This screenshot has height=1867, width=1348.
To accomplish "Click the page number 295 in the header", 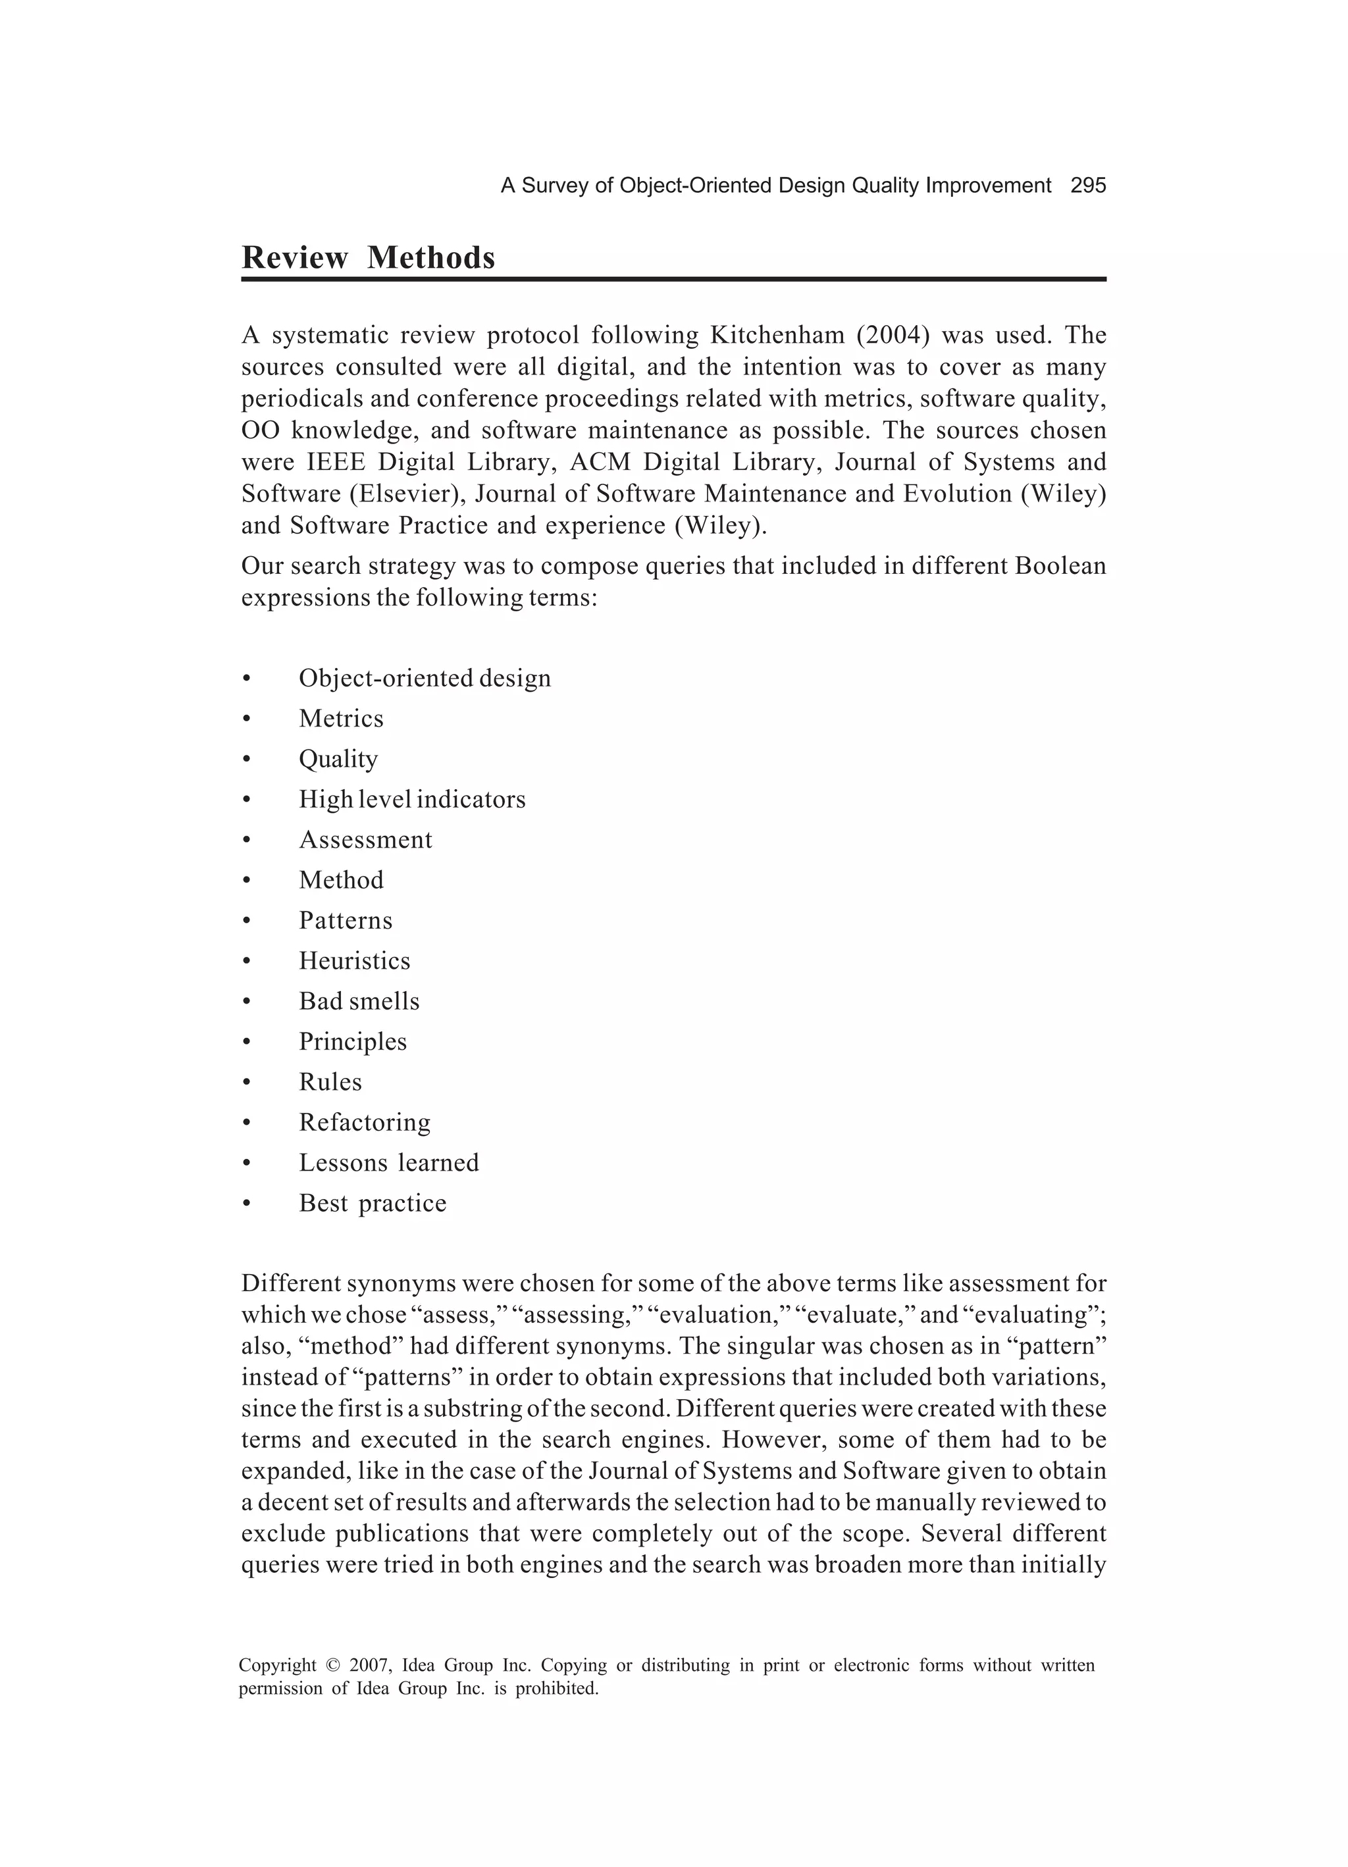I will point(1088,186).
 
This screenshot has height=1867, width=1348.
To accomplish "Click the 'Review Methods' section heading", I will point(368,258).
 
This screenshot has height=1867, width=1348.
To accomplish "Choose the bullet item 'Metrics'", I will point(341,718).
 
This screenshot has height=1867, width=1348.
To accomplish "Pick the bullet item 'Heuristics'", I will point(354,960).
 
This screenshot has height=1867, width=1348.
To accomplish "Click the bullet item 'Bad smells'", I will point(359,1000).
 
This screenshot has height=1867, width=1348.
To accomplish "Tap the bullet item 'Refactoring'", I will point(365,1121).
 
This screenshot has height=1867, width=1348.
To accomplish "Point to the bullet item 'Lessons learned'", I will point(389,1162).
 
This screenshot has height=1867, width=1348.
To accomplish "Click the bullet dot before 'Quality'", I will point(246,759).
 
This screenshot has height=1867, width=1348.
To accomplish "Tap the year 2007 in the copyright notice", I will point(369,1666).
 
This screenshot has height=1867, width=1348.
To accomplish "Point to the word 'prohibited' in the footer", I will point(557,1689).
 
